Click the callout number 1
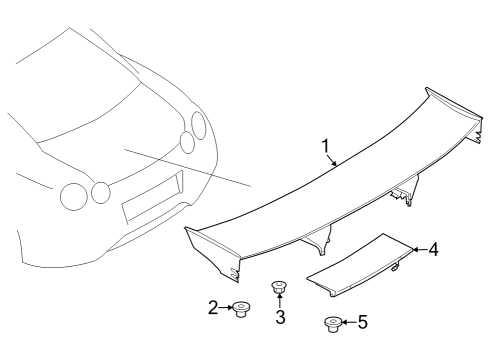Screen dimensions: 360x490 (x=325, y=148)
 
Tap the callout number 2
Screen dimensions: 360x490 (x=213, y=308)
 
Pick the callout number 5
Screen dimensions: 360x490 (x=362, y=322)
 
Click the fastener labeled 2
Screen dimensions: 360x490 (x=241, y=310)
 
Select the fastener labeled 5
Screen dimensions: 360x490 (x=332, y=323)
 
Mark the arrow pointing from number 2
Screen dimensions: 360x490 (x=225, y=308)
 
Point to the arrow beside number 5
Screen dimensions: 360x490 (x=349, y=322)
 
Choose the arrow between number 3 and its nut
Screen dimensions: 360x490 (x=280, y=303)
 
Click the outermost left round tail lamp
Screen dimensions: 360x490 (x=73, y=195)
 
